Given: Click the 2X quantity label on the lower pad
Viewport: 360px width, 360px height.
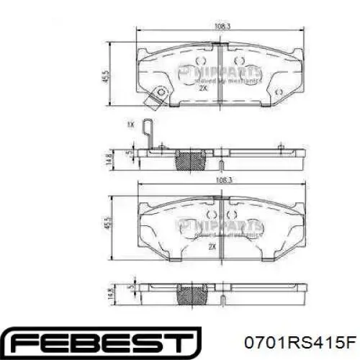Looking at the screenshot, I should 212,246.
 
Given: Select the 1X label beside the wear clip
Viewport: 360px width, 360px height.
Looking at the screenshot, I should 130,125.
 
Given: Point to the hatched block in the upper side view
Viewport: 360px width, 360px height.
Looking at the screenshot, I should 191,160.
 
